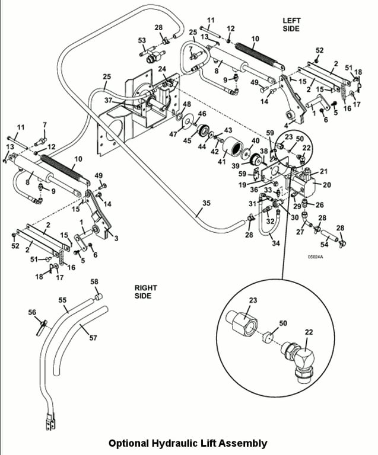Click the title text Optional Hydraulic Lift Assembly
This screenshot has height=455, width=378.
click(x=188, y=443)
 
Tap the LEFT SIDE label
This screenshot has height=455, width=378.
click(x=291, y=24)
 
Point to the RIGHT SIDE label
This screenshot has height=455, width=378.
click(x=146, y=291)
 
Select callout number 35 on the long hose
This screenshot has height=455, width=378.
click(x=206, y=203)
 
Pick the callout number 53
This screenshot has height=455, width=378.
click(x=142, y=40)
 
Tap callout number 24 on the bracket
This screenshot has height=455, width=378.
click(x=161, y=69)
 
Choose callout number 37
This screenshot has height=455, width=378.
click(x=109, y=101)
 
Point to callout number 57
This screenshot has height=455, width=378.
click(x=93, y=338)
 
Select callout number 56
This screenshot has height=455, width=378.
click(x=32, y=312)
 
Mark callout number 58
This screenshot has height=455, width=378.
click(x=94, y=281)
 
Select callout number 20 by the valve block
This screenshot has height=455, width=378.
click(x=326, y=185)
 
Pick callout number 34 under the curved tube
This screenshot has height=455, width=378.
click(x=275, y=242)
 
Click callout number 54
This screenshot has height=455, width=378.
click(x=325, y=244)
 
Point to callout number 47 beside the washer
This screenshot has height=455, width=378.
click(x=174, y=134)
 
